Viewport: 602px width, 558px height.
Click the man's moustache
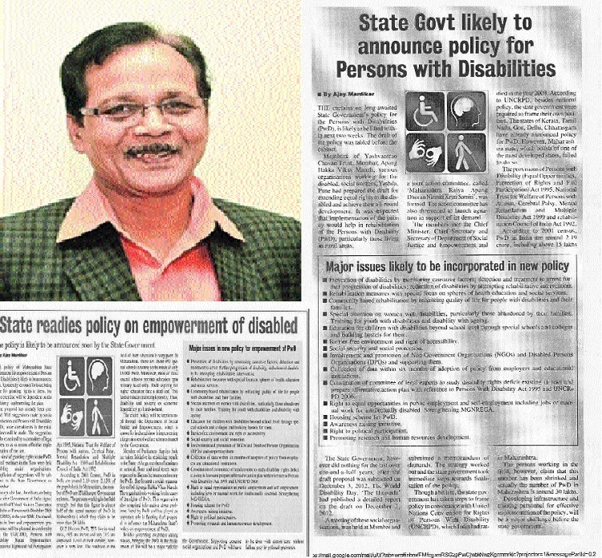click(132, 151)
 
